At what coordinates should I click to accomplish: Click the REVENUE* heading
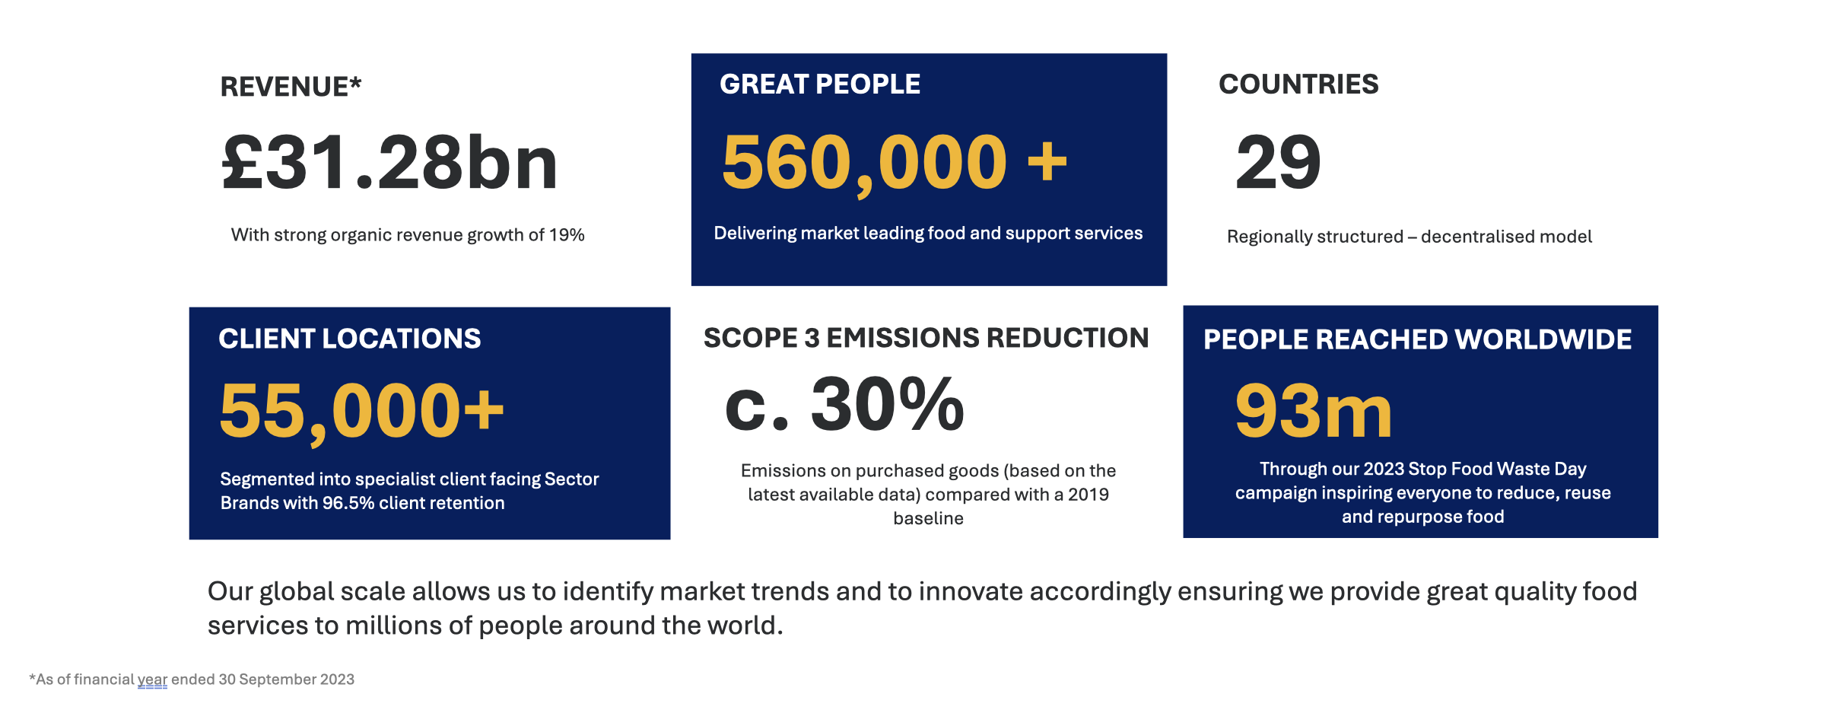(291, 87)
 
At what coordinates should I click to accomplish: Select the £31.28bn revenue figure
(389, 163)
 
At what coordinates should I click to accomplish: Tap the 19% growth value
(567, 235)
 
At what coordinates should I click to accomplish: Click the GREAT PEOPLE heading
(820, 84)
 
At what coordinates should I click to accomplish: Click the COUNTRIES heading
(1298, 84)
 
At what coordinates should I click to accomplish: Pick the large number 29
(1279, 163)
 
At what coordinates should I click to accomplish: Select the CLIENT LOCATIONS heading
(350, 339)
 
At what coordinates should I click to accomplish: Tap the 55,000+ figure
(362, 412)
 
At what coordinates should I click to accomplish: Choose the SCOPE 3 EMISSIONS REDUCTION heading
(926, 338)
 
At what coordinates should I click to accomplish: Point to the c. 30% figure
(844, 405)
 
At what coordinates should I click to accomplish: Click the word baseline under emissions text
(928, 518)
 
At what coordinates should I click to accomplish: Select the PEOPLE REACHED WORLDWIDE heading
(1418, 339)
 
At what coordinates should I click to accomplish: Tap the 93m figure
(1314, 411)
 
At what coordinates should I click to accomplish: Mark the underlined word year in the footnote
(152, 680)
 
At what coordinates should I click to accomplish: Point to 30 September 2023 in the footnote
(287, 680)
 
